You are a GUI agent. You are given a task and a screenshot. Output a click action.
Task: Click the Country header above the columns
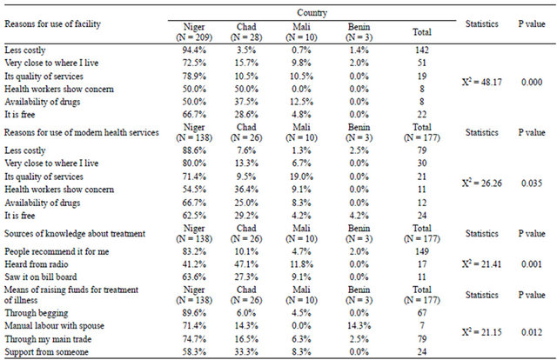coord(312,13)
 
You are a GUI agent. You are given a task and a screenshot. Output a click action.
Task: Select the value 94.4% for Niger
coord(194,50)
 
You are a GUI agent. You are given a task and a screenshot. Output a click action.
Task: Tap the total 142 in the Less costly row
coord(421,50)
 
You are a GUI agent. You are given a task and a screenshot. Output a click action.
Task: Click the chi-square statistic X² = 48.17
coord(481,82)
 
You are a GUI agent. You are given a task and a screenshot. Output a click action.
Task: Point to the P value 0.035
coord(532,183)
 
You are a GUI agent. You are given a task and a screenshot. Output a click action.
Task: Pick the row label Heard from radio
coord(37,264)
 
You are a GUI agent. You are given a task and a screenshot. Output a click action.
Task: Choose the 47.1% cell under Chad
coord(246,264)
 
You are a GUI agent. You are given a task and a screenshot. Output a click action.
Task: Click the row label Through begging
coord(37,314)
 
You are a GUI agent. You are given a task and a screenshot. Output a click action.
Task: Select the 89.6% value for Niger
coord(194,313)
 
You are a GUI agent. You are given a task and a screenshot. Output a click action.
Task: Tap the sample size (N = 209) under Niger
coord(194,37)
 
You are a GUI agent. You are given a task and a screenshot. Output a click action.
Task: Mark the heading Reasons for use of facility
coord(52,24)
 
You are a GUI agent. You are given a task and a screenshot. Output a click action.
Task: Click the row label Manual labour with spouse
coord(54,326)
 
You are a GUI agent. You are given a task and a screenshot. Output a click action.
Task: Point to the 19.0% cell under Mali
coord(301,177)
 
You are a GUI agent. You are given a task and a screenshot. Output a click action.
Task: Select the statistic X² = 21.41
coord(481,264)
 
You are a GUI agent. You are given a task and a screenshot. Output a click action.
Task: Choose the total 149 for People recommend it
coord(421,251)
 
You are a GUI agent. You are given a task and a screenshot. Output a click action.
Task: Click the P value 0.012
coord(532,332)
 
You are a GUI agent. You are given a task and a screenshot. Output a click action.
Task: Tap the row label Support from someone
coord(46,352)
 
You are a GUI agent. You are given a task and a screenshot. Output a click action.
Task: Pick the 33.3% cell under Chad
coord(246,352)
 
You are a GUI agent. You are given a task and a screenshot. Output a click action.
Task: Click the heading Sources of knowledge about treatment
coord(75,234)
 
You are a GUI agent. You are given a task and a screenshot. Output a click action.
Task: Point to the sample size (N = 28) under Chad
coord(246,37)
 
